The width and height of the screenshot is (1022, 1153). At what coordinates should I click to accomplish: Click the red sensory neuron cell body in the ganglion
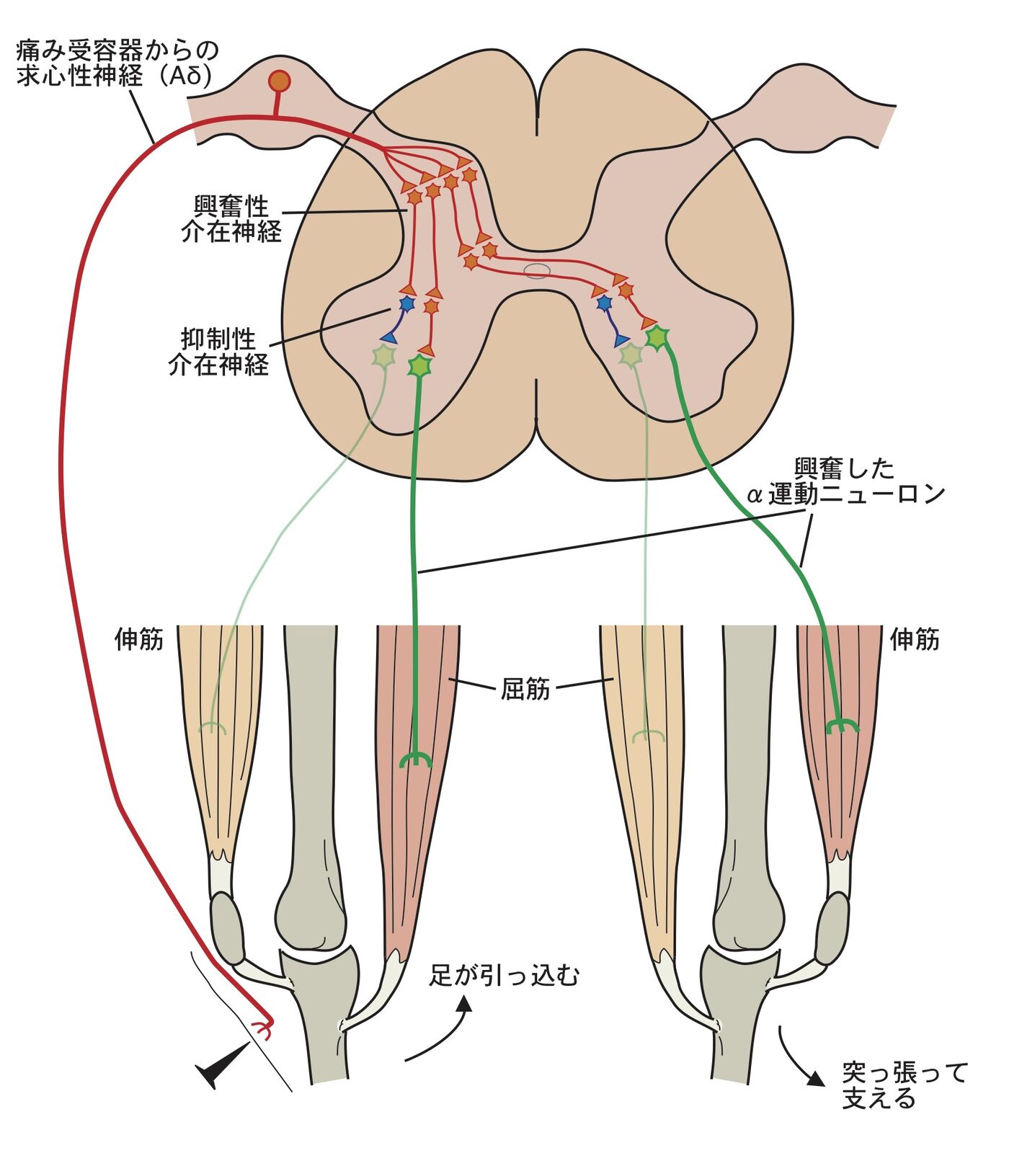coord(279,81)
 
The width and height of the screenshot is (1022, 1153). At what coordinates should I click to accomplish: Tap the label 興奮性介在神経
coord(231,219)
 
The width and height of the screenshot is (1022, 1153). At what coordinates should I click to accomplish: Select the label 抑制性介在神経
coord(218,352)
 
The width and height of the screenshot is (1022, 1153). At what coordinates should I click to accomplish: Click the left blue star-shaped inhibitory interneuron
coord(407,304)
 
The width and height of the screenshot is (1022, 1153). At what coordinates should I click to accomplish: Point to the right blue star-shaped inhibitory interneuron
coord(605,303)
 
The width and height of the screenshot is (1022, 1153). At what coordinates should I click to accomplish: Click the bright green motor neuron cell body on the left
coord(419,366)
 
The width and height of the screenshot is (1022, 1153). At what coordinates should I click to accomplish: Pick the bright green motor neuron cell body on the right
coord(657,337)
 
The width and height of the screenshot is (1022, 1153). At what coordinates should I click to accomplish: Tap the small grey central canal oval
coord(537,270)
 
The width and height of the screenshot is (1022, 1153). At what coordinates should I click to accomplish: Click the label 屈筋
coord(525,689)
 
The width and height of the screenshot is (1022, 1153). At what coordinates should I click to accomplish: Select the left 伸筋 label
coord(139,639)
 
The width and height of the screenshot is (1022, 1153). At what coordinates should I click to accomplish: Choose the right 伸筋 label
coord(915,639)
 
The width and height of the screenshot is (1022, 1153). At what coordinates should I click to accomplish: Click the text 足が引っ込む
coord(505,976)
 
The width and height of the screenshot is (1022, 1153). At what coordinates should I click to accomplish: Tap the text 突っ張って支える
coord(904,1085)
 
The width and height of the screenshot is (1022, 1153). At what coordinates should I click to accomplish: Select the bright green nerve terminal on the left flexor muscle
coord(416,759)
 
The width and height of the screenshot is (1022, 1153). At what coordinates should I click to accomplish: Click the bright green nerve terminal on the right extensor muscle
coord(841,726)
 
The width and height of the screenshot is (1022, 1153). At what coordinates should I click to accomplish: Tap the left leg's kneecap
coord(227,928)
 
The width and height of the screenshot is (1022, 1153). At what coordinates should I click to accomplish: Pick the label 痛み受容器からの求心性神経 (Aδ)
coord(115,63)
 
